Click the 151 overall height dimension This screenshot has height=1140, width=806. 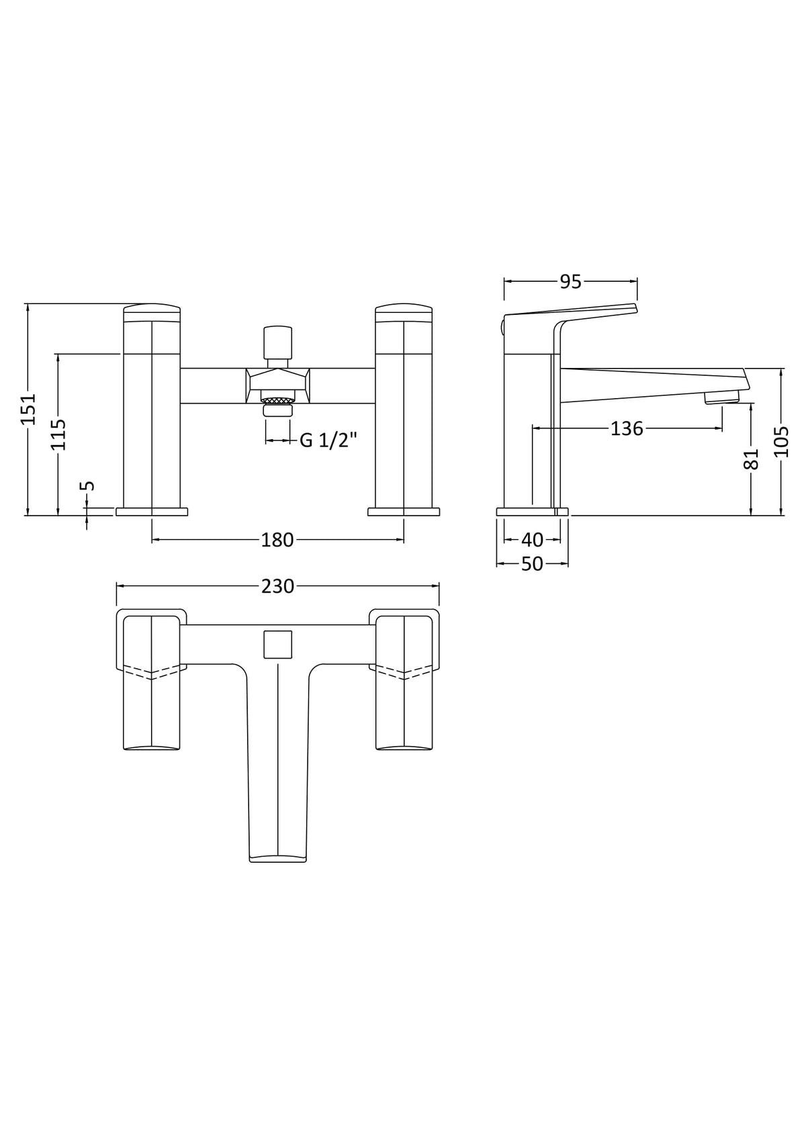tap(28, 408)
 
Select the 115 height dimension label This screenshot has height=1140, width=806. tap(58, 434)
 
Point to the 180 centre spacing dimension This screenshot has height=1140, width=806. tap(277, 539)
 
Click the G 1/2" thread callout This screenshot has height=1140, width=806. tap(328, 440)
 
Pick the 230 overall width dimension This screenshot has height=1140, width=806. tap(277, 586)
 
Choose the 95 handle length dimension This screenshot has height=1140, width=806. tap(570, 282)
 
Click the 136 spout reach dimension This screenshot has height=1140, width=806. tap(627, 428)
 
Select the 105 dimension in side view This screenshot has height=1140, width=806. tap(781, 441)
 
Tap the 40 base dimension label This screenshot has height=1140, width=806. tap(532, 539)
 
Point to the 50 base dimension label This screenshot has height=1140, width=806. tap(532, 564)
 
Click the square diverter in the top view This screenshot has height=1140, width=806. tap(278, 645)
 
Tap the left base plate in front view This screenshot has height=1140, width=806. tap(152, 512)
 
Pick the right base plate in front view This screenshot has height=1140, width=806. tap(404, 512)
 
